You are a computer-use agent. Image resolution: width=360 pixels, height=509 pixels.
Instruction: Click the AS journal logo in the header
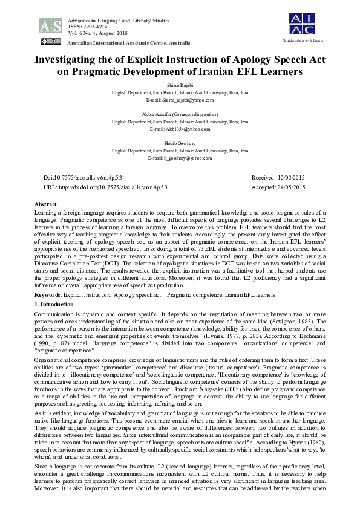(x=50, y=25)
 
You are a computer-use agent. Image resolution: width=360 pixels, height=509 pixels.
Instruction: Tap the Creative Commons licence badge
(x=50, y=42)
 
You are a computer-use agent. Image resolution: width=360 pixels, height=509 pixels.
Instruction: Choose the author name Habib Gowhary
(x=180, y=143)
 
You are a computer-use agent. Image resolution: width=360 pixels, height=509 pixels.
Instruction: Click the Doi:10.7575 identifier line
(x=83, y=178)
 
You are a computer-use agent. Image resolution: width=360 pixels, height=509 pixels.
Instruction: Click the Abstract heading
(x=46, y=205)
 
